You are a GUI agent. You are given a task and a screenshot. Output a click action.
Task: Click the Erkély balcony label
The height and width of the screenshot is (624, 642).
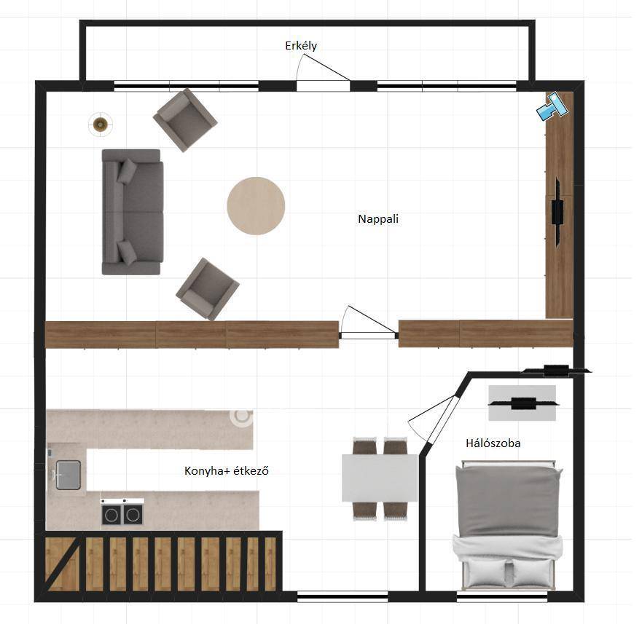tap(301, 45)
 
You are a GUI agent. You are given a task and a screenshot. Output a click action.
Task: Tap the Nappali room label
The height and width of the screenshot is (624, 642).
tap(378, 219)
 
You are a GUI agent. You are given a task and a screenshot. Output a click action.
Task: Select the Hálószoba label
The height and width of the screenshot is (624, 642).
tap(493, 443)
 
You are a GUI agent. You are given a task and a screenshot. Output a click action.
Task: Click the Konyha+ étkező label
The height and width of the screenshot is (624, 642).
tap(227, 470)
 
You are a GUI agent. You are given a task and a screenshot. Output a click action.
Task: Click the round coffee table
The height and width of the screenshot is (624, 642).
tap(256, 206)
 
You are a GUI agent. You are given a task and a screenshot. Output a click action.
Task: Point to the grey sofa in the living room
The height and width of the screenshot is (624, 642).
tap(132, 212)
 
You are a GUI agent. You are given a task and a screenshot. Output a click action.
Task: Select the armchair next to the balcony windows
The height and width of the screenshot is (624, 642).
tap(185, 120)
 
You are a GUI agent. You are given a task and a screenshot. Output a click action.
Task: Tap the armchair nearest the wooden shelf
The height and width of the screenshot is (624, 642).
tap(207, 289)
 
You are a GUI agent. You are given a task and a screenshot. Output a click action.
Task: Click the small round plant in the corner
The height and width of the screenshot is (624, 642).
tap(101, 124)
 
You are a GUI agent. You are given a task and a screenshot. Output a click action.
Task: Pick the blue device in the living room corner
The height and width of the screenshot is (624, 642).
tap(552, 106)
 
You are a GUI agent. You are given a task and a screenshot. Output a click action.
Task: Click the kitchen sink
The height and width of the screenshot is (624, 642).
tap(68, 475)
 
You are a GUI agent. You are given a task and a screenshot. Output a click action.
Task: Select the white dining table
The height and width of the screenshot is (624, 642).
tap(380, 478)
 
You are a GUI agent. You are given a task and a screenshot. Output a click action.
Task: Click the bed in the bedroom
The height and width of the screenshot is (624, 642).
tap(508, 526)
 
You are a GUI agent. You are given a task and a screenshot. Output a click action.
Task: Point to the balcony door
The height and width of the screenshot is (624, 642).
tap(323, 74)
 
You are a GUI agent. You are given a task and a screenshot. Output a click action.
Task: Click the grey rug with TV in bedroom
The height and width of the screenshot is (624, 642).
tap(522, 403)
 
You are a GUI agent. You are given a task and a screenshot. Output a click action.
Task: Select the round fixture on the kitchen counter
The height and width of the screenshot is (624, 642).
tap(241, 417)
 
